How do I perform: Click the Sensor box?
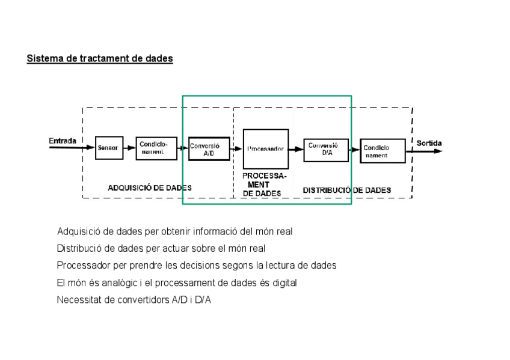tap(109, 148)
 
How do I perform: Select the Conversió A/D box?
tap(208, 148)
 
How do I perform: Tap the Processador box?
tap(265, 148)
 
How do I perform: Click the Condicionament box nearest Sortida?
tap(382, 151)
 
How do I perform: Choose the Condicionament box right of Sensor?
tap(156, 148)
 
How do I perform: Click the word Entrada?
tap(63, 141)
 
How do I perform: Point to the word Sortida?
tap(429, 144)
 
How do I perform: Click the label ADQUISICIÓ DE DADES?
tap(150, 188)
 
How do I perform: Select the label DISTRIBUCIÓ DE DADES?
tap(346, 191)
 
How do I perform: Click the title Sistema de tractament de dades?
tap(100, 59)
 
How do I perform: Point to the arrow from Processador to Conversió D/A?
tap(296, 149)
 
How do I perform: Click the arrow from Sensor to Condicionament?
tap(129, 148)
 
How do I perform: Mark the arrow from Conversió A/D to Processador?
tap(236, 149)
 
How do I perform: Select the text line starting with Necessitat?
tap(134, 300)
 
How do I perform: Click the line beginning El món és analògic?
tap(176, 282)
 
